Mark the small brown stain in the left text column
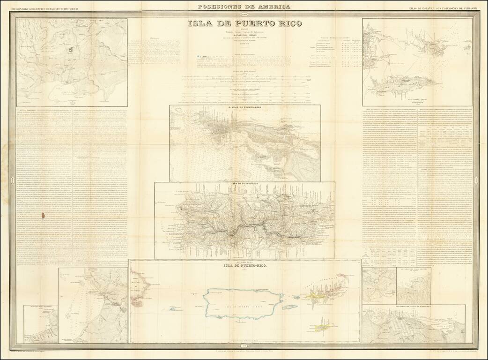(x=44, y=216)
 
